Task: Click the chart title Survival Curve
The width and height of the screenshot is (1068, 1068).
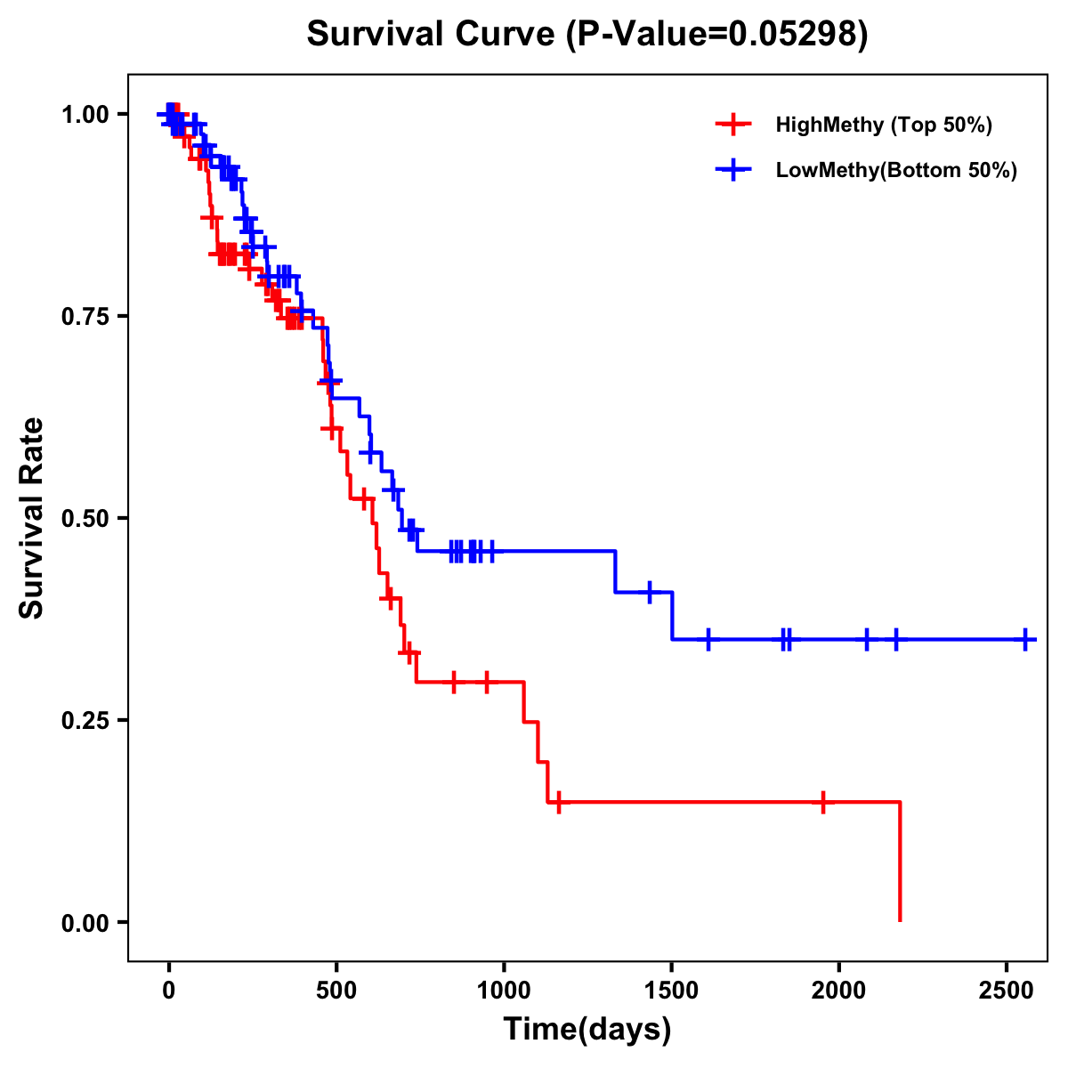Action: coord(587,35)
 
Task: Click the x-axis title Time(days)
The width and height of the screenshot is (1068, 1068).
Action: coord(587,1029)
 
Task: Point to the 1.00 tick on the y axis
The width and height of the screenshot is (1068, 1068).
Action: coord(85,114)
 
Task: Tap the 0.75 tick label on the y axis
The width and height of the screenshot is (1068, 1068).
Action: coord(85,316)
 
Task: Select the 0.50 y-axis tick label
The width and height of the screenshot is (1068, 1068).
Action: coord(85,518)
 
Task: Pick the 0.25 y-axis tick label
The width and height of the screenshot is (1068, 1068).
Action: coord(85,720)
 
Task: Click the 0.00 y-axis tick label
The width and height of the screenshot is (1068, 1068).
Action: coord(85,922)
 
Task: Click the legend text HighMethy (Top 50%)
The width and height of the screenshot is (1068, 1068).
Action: coord(884,125)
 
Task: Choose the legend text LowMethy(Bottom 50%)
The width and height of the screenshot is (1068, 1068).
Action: coord(896,170)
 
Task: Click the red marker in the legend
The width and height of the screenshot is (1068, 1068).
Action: coord(732,125)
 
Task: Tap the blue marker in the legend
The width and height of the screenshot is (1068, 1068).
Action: coord(732,170)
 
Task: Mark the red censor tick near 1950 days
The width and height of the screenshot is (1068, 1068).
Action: coord(823,802)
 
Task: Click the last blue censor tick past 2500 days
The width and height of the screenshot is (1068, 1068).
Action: coord(1025,639)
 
